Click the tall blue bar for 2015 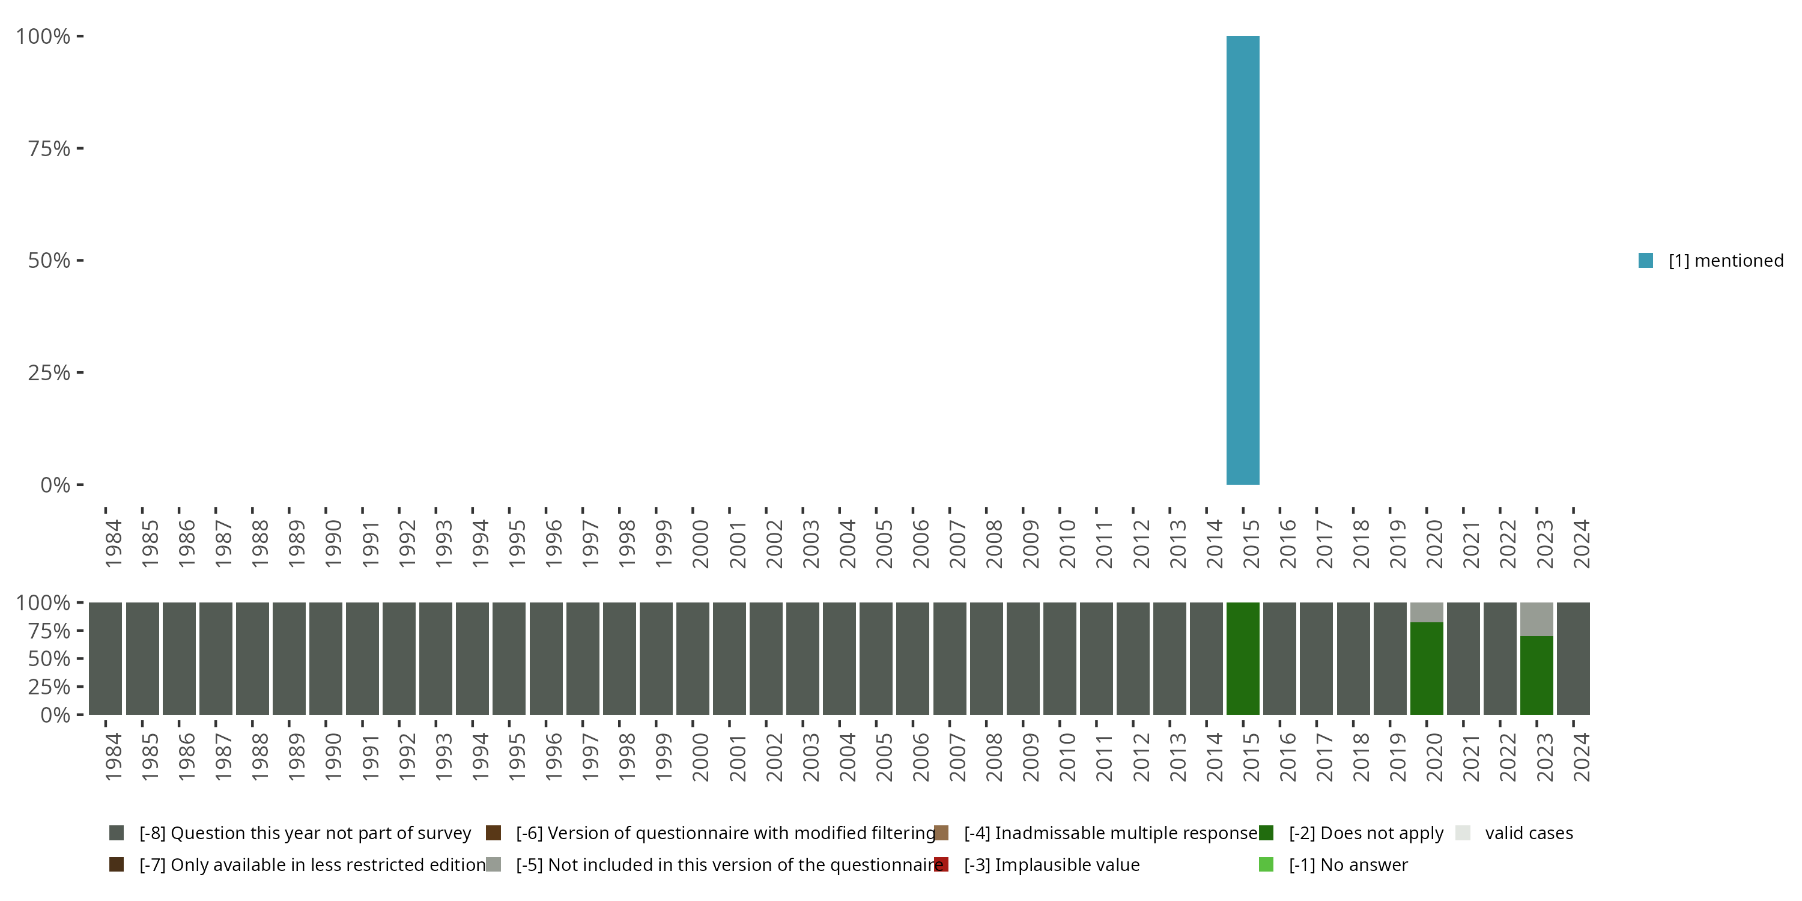coord(1242,260)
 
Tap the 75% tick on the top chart coord(49,148)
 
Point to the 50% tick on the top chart coord(49,260)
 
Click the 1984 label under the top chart coord(114,544)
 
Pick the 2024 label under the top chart coord(1581,544)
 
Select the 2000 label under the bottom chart coord(700,757)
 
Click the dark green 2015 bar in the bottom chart coord(1242,658)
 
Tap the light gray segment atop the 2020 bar coord(1427,612)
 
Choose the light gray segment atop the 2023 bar coord(1536,619)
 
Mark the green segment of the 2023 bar coord(1536,675)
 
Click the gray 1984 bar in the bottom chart coord(106,658)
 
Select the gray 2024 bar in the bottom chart coord(1573,658)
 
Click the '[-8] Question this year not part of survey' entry coord(305,833)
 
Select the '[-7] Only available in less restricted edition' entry coord(312,864)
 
